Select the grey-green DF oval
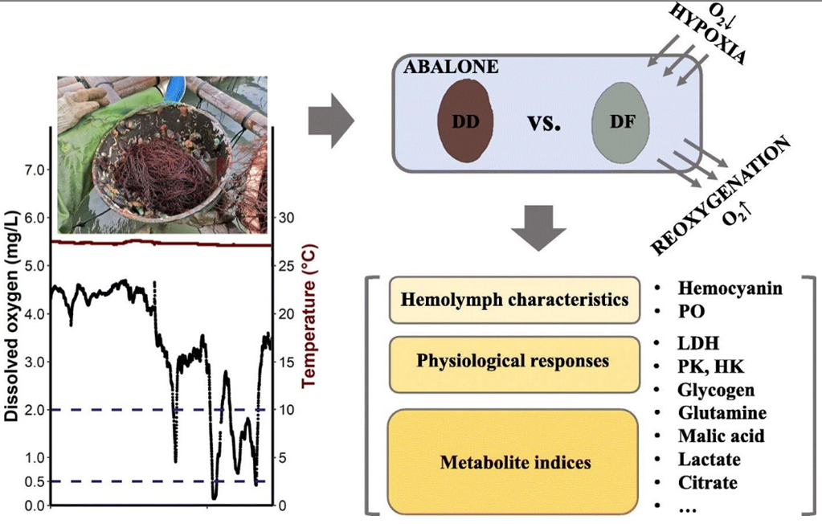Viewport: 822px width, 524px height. tap(620, 123)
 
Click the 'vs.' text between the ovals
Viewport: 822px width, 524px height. tap(544, 124)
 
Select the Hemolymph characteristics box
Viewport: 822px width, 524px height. tap(514, 300)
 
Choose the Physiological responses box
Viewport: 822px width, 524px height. tap(513, 360)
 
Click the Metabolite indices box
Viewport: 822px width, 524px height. tap(514, 462)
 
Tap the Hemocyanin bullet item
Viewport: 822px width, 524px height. tap(730, 289)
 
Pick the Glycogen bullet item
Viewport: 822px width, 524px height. tap(716, 391)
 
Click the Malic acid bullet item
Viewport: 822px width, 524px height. tap(721, 436)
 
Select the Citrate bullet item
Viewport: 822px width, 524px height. tap(707, 482)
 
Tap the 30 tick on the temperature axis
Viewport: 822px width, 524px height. tap(287, 218)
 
